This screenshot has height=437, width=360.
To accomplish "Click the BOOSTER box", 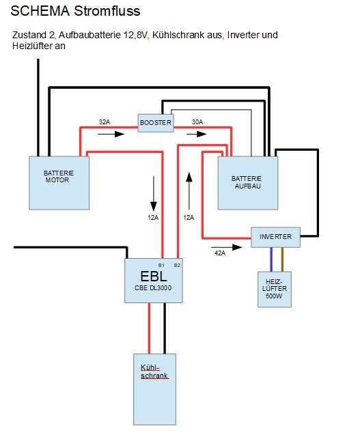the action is (156, 123).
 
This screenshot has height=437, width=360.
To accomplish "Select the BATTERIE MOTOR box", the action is (59, 183).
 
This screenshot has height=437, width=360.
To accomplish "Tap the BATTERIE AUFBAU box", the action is (247, 183).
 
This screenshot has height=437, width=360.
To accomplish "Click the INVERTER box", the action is (275, 237).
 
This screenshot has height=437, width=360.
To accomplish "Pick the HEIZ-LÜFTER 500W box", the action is (275, 290).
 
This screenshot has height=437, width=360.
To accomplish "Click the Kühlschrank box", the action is (154, 389).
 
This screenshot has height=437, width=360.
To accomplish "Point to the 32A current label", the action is (105, 122).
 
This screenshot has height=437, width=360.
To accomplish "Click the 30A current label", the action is (197, 122).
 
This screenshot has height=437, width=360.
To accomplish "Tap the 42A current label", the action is (220, 253).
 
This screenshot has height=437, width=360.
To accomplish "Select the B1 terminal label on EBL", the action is (161, 266).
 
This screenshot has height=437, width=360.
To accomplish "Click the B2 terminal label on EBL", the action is (177, 266).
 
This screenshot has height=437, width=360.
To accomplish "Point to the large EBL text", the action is (154, 277).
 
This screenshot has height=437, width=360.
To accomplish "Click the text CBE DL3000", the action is (153, 288).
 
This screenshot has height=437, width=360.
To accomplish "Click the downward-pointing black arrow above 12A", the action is (154, 194).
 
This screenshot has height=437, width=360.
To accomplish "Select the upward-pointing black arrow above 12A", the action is (189, 191).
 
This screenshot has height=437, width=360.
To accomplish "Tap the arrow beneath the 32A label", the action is (111, 134).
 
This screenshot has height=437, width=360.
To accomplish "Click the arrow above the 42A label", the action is (227, 247).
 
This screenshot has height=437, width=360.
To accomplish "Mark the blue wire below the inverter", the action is (271, 259).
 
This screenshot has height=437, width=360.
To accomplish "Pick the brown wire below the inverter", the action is (282, 259).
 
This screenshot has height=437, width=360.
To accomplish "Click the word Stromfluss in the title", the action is (107, 11).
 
